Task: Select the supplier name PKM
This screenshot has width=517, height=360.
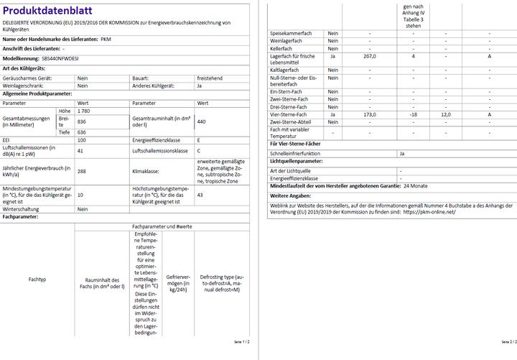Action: (x=106, y=39)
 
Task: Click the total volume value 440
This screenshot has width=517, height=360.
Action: (x=202, y=121)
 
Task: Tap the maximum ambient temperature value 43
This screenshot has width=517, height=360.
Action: (x=200, y=194)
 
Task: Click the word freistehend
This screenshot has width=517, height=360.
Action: (x=209, y=77)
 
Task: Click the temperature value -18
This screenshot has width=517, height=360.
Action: (x=414, y=115)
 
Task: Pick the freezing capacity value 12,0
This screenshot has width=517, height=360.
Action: (x=445, y=115)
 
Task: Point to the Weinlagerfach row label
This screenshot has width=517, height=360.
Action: (x=287, y=40)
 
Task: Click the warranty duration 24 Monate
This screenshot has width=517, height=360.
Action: (x=415, y=185)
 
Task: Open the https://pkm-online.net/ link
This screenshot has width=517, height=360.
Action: (x=429, y=212)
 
